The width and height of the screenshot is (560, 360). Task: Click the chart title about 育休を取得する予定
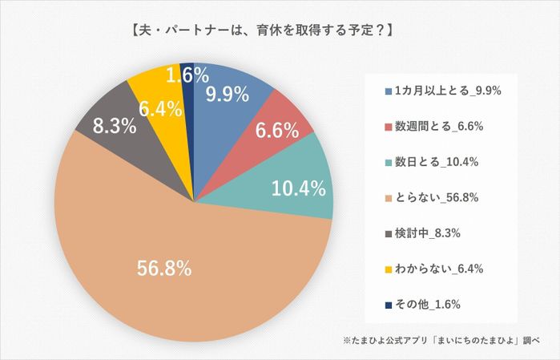[260, 33]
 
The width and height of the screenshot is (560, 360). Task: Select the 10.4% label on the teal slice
[297, 189]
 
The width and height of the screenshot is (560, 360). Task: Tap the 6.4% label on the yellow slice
[154, 108]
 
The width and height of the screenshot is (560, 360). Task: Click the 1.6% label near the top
[189, 76]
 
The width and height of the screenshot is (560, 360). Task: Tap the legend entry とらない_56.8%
[438, 197]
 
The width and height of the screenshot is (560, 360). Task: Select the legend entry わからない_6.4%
[438, 269]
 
